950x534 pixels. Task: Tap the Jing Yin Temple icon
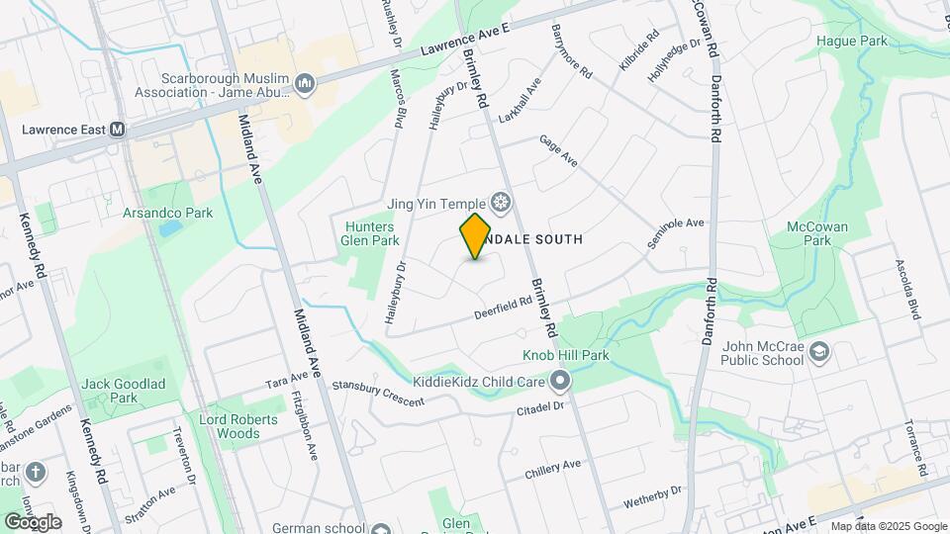pyautogui.click(x=502, y=204)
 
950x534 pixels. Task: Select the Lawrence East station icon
pyautogui.click(x=117, y=130)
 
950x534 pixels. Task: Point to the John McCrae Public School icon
pyautogui.click(x=819, y=352)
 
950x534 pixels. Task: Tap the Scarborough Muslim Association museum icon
pyautogui.click(x=305, y=85)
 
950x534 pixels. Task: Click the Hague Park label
pyautogui.click(x=851, y=42)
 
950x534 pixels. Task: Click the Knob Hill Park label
pyautogui.click(x=565, y=355)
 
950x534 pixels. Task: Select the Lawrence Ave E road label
pyautogui.click(x=464, y=40)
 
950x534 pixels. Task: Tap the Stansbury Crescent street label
pyautogui.click(x=377, y=394)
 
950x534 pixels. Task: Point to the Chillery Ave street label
pyautogui.click(x=553, y=468)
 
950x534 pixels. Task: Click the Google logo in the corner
pyautogui.click(x=33, y=521)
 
